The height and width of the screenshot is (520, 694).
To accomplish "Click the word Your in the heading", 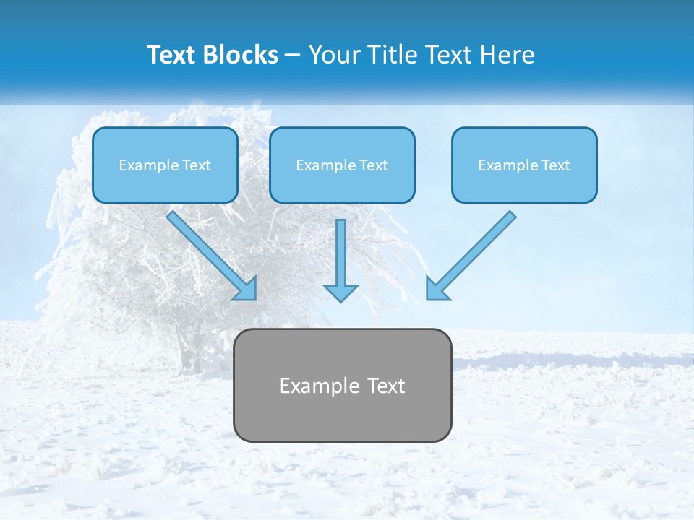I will [333, 55].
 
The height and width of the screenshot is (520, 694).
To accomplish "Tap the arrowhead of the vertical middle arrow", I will [340, 291].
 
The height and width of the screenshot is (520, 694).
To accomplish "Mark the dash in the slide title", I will [293, 55].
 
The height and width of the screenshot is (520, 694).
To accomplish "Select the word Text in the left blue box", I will [197, 165].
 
